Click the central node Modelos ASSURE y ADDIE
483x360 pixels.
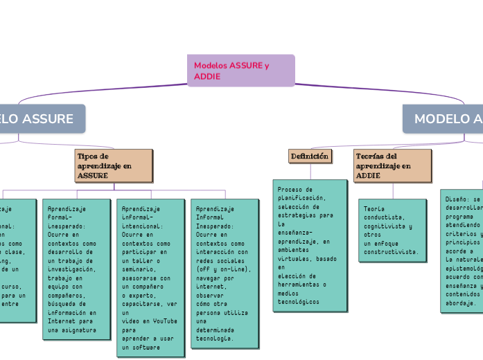click(x=240, y=71)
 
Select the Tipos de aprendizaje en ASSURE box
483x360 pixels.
click(x=114, y=166)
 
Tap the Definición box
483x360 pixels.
click(x=310, y=156)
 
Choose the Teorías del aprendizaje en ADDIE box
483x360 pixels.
click(x=392, y=166)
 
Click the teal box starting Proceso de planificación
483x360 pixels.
click(x=309, y=245)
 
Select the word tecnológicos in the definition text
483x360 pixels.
click(x=299, y=302)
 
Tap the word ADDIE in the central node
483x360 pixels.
click(x=207, y=76)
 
